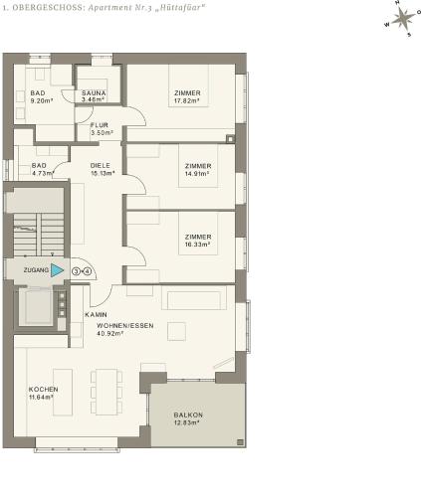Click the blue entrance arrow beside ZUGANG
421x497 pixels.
point(57,270)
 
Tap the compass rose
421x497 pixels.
point(403,19)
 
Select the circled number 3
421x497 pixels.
point(76,271)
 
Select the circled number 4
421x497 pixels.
point(87,271)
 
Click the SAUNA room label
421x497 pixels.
point(94,93)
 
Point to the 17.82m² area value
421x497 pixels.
point(187,100)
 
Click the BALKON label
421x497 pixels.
point(188,414)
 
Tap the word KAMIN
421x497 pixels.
point(96,314)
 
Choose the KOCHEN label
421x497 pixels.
point(43,390)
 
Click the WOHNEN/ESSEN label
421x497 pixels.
point(125,326)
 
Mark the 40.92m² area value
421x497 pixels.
point(110,333)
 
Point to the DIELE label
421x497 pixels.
point(101,165)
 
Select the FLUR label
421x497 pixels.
point(100,125)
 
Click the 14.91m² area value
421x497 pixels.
point(197,174)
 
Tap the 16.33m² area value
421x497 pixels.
point(197,245)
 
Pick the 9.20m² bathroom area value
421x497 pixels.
point(42,100)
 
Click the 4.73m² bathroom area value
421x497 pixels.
point(43,173)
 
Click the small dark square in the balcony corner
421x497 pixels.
point(240,442)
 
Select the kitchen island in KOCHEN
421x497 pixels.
point(63,392)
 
